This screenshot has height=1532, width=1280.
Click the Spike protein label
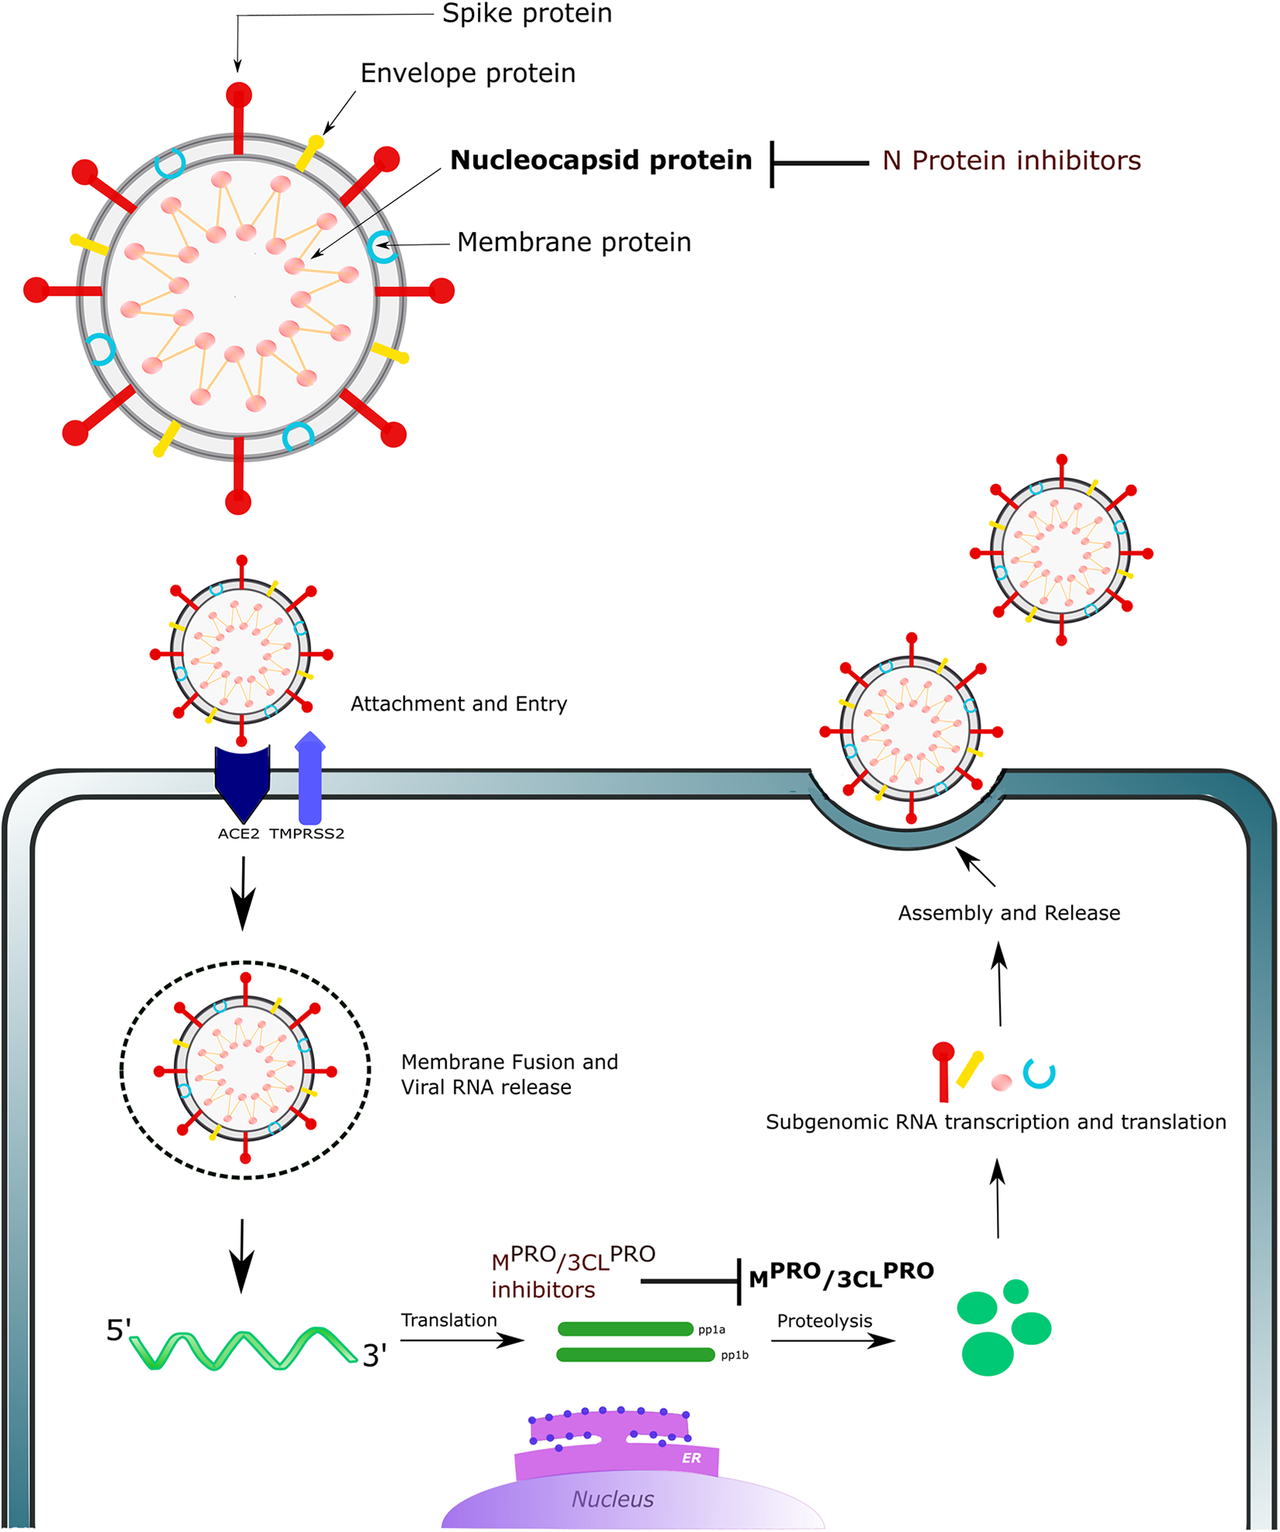click(x=527, y=13)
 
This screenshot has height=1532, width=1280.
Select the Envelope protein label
click(x=468, y=73)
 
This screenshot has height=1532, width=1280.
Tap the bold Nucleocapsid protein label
click(x=601, y=160)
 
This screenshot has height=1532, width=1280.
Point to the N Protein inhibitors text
click(x=1012, y=161)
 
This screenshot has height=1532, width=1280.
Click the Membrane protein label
click(x=574, y=242)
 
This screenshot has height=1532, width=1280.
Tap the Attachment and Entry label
click(x=458, y=704)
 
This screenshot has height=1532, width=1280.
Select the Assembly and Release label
click(x=1009, y=913)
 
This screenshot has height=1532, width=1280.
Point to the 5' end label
click(x=119, y=1330)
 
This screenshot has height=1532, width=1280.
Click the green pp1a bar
click(x=625, y=1329)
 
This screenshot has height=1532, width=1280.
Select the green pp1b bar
click(x=635, y=1354)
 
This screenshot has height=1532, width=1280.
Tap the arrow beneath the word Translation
click(x=462, y=1340)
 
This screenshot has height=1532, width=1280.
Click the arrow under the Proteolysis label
click(x=833, y=1340)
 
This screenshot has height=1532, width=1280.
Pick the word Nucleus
click(x=613, y=1499)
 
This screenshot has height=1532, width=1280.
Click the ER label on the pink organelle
click(x=691, y=1458)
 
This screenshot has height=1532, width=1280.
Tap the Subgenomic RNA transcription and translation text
click(x=996, y=1122)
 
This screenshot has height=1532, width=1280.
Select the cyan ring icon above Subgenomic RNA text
click(x=1040, y=1074)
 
